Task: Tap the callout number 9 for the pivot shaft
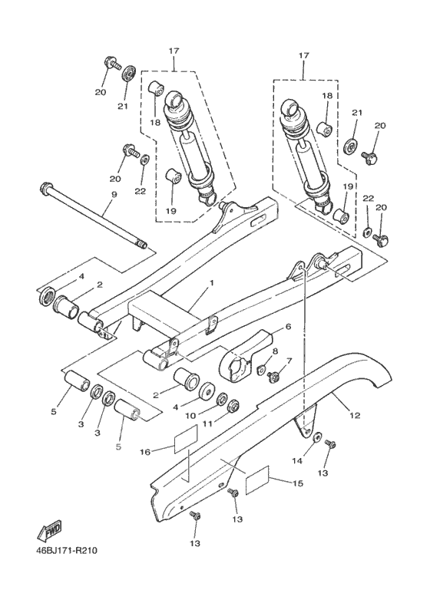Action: click(x=114, y=194)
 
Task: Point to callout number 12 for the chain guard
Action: click(x=355, y=416)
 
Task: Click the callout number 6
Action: click(x=289, y=326)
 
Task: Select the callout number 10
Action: click(x=190, y=416)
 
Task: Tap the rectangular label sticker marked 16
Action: click(x=186, y=439)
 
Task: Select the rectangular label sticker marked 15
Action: click(x=257, y=480)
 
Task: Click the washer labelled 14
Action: click(x=317, y=437)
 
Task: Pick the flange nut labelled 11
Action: click(x=233, y=406)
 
